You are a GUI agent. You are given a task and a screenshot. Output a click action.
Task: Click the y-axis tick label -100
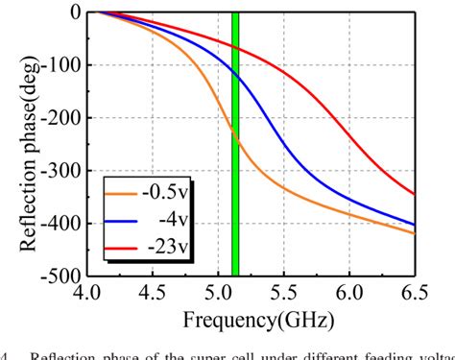(x=60, y=65)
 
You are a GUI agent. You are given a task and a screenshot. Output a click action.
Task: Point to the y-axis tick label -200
(x=60, y=118)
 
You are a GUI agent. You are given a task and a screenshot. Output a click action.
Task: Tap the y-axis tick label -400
(x=60, y=224)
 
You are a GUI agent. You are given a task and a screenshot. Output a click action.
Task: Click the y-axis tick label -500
(x=60, y=276)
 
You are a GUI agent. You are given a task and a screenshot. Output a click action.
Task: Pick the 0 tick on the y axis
(x=73, y=12)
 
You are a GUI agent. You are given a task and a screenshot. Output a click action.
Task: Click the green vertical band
(x=234, y=144)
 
